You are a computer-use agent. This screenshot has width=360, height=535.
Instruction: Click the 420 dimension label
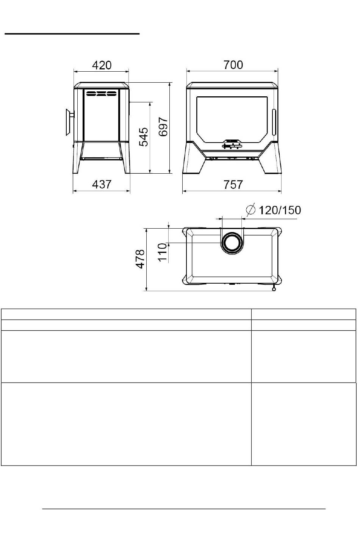point(102,65)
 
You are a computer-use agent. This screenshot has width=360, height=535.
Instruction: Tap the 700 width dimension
point(233,65)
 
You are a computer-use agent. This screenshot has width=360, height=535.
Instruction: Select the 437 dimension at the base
point(102,184)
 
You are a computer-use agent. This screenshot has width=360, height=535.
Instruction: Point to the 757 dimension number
point(233,185)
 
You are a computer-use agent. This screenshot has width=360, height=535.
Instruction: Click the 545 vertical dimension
point(144,137)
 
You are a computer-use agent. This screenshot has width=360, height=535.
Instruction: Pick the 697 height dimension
point(163,127)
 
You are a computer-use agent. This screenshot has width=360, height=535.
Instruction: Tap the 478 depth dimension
point(140,259)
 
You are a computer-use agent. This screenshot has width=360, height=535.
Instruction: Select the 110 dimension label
point(162,252)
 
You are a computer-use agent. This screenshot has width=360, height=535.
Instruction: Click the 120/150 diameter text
point(280,210)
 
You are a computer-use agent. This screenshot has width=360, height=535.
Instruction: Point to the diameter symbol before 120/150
point(250,210)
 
